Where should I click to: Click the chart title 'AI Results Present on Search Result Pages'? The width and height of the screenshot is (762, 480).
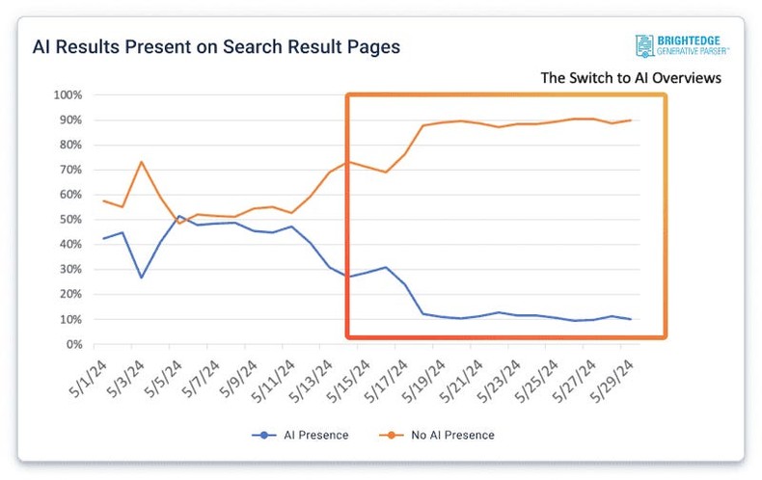[x=216, y=46]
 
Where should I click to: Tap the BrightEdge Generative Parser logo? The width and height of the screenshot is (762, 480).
[x=681, y=44]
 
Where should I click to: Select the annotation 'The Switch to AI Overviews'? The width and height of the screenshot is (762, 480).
[x=630, y=78]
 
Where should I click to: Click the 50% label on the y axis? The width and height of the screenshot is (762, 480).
[x=69, y=220]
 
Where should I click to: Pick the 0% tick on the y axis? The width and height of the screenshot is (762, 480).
[x=73, y=344]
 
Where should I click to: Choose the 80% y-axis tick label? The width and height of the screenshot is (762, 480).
[x=69, y=145]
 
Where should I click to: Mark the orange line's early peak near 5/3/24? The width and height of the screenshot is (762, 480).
[x=141, y=162]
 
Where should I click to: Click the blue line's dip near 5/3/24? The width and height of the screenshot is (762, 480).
[x=141, y=278]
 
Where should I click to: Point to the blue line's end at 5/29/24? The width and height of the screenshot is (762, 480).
[x=630, y=319]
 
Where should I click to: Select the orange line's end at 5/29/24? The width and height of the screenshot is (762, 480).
[x=630, y=120]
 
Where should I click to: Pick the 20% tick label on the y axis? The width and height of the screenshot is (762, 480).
[x=69, y=294]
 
